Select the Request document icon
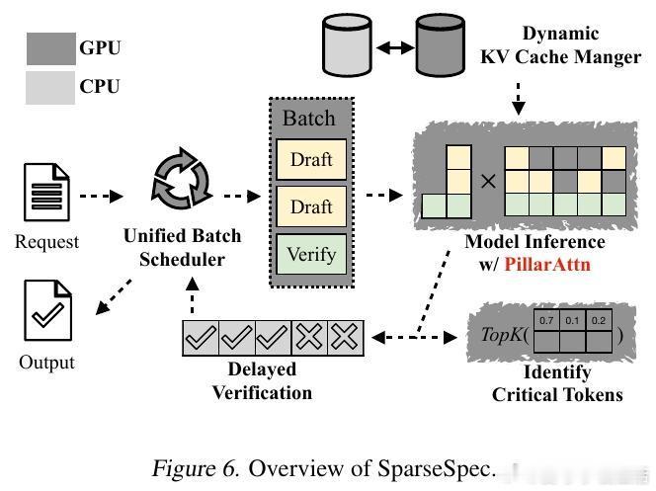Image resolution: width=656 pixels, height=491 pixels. (46, 195)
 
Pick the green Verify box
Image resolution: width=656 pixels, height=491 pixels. (311, 253)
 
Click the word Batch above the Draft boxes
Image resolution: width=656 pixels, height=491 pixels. (309, 119)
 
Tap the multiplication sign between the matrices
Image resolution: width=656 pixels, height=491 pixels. (487, 182)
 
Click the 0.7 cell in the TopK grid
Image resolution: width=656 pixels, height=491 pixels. (545, 321)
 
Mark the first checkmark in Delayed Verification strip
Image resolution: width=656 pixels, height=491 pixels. (202, 338)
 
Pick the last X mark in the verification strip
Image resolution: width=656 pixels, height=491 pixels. (345, 338)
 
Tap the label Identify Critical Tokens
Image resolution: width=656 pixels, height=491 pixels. (557, 383)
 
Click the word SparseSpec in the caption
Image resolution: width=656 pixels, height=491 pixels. (436, 467)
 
